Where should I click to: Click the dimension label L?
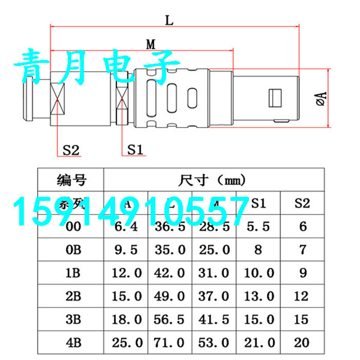[x=169, y=21]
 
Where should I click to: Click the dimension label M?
[x=151, y=44]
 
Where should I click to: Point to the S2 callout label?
[x=71, y=150]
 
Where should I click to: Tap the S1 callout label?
[x=135, y=150]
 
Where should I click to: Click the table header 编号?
[x=71, y=181]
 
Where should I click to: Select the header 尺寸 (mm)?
[x=212, y=181]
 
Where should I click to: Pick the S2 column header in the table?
[x=302, y=203]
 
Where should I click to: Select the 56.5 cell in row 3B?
[x=170, y=320]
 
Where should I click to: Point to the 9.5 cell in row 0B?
[x=127, y=250]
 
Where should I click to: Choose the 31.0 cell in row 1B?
[x=214, y=274]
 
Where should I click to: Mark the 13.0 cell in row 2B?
[x=258, y=297]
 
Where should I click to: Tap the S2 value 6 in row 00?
[x=302, y=227]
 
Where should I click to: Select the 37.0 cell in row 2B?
[x=214, y=297]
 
